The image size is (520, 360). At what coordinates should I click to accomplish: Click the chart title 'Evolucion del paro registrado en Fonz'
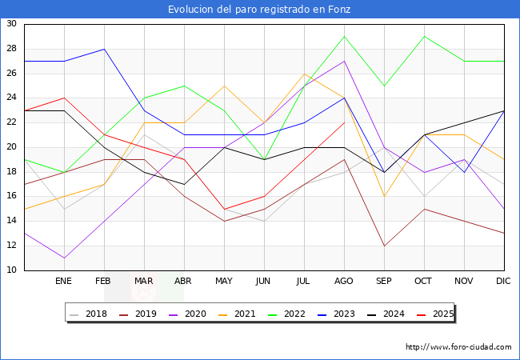coord(259,10)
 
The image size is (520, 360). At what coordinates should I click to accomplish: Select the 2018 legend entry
coord(89,314)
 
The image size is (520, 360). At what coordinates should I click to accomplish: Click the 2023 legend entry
coord(336,314)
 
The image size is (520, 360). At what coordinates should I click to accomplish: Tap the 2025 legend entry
coord(435,314)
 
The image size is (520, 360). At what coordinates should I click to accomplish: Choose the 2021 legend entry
coord(237,314)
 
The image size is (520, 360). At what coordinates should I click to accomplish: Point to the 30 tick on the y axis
coord(11,23)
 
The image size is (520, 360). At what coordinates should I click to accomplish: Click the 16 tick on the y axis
coord(11,196)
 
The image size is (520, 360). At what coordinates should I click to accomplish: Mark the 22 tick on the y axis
coord(11,122)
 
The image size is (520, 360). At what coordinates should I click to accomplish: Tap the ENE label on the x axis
coord(63,281)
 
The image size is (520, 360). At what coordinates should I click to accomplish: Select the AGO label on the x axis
coord(343,281)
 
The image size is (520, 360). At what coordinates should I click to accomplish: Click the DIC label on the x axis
coord(503,281)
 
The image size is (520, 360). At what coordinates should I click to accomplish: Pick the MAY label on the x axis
coord(224,281)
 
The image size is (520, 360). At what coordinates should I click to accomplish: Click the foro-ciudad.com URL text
coord(458,346)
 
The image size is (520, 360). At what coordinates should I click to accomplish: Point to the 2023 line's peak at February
coord(105,49)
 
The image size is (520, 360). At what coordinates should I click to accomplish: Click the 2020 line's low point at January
coord(64,258)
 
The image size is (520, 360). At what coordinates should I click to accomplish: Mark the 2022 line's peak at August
coord(345,37)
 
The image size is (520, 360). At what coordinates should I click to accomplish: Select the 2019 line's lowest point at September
coord(384,246)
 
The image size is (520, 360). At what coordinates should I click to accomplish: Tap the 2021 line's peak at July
coord(305,74)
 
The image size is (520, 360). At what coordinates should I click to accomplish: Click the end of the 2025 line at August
coord(345,122)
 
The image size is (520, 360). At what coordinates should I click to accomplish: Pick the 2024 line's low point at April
coord(184,184)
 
